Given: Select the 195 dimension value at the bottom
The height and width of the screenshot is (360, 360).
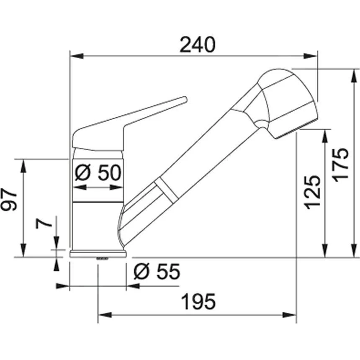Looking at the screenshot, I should click(198, 302).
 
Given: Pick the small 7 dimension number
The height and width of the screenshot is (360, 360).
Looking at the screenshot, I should click(45, 222).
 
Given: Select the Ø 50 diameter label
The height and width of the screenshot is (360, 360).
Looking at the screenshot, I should click(98, 172).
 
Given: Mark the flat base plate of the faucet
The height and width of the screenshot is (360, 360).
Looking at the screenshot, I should click(98, 254).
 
